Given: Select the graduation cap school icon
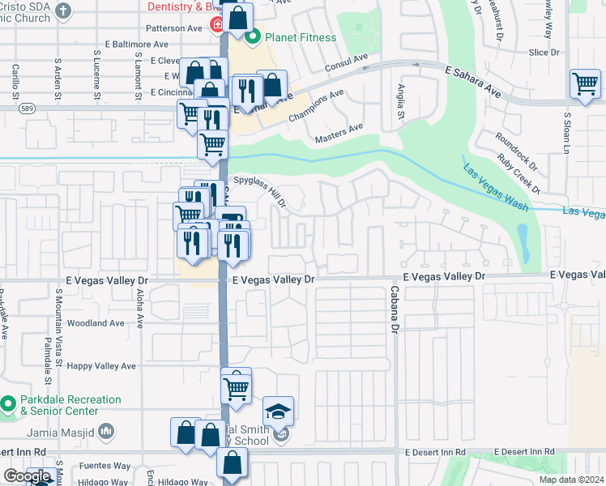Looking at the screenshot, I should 278,412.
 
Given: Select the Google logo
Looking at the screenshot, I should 27,476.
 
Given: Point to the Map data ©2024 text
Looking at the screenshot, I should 570,480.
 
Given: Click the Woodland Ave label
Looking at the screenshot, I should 96,322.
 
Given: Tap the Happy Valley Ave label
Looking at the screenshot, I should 102,366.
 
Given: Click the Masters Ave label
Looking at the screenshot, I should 339,130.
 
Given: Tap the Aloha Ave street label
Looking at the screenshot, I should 140,309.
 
